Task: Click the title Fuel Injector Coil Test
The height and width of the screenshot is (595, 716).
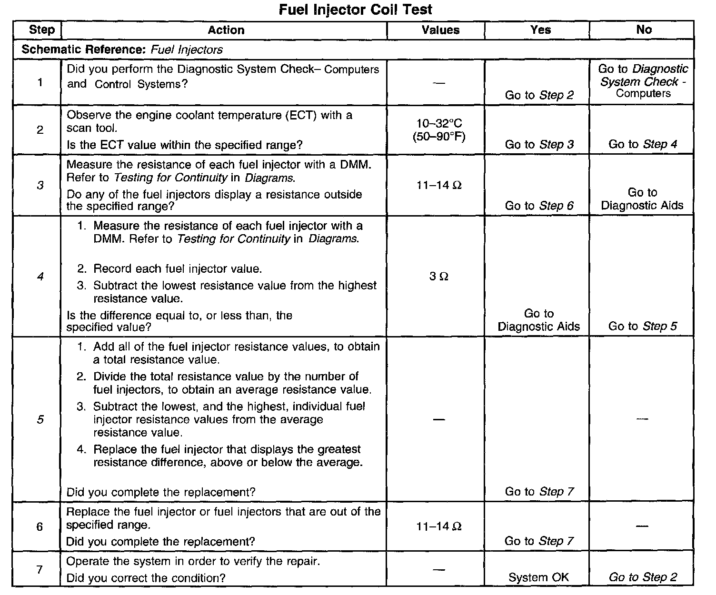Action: tap(355, 10)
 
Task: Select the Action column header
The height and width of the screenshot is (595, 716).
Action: tap(226, 30)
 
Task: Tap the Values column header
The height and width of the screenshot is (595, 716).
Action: tap(440, 30)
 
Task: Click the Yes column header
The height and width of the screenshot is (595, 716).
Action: tap(540, 30)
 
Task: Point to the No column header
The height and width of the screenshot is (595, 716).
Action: tap(644, 30)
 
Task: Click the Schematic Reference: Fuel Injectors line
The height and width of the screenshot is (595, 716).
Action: tap(122, 50)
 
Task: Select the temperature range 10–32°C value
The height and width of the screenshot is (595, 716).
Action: tap(439, 124)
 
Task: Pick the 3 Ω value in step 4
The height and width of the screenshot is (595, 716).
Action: tap(438, 277)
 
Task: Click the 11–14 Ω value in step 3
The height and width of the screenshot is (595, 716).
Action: tap(438, 185)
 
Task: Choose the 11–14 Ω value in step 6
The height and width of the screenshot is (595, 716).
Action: tap(438, 526)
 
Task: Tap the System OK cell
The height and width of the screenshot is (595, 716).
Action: tap(538, 577)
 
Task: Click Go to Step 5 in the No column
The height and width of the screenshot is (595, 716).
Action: tap(643, 327)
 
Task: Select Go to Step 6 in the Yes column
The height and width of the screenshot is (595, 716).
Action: tap(539, 206)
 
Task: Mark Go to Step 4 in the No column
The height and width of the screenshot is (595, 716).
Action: tap(643, 144)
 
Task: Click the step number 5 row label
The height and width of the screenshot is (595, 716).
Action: tap(40, 419)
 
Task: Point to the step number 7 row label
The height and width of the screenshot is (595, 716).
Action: tap(40, 569)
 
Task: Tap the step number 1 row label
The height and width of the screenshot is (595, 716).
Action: tap(40, 82)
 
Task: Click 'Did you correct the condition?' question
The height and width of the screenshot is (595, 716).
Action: tap(146, 578)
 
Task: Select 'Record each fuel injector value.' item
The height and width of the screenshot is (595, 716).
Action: tap(177, 269)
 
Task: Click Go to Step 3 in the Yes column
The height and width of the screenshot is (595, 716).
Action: tap(539, 144)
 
